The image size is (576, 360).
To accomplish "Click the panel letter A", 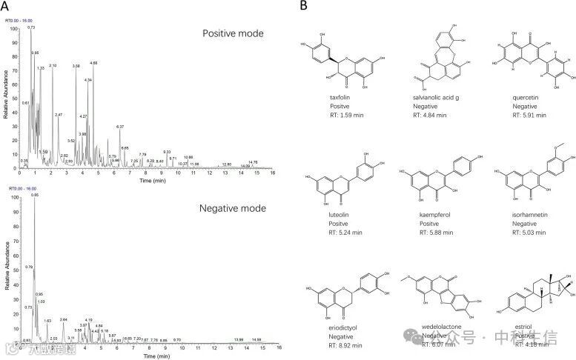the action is (x=7, y=6).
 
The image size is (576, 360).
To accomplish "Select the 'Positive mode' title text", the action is (x=234, y=33).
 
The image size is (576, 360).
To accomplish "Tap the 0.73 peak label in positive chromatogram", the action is (x=31, y=27).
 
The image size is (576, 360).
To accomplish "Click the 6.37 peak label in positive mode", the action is (x=120, y=127).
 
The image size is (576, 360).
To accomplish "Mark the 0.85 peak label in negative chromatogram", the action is (x=34, y=195).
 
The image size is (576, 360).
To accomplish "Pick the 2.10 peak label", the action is (x=53, y=66).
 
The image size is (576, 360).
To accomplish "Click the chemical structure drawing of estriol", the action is (x=532, y=296).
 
